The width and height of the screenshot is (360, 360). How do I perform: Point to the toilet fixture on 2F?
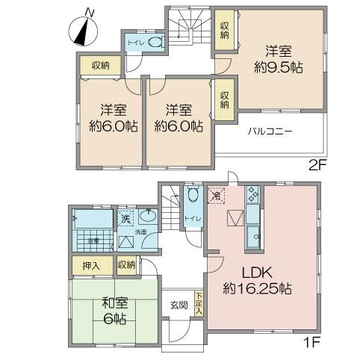point(155,43)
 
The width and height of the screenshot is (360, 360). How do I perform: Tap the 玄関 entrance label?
point(179,305)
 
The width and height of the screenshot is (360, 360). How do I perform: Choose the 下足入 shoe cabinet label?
point(199,303)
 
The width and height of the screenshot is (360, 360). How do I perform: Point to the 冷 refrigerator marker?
point(217,196)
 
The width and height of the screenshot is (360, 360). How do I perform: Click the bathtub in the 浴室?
point(91,221)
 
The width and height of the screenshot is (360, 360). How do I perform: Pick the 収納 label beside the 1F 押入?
point(126,264)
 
